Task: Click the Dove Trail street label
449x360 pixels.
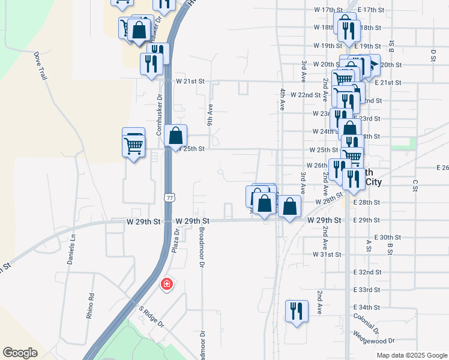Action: click(40, 65)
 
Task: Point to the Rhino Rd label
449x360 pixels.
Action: click(91, 305)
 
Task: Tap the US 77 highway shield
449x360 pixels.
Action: click(171, 197)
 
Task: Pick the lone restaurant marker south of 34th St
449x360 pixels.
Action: click(297, 311)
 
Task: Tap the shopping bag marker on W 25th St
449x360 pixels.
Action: click(175, 136)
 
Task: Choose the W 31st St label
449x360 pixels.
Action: click(327, 254)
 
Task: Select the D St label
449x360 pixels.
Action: click(432, 55)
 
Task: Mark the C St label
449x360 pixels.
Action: click(414, 184)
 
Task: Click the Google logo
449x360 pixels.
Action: click(20, 353)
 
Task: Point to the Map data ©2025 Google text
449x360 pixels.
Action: click(411, 355)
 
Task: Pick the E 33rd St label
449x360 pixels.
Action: click(367, 290)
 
